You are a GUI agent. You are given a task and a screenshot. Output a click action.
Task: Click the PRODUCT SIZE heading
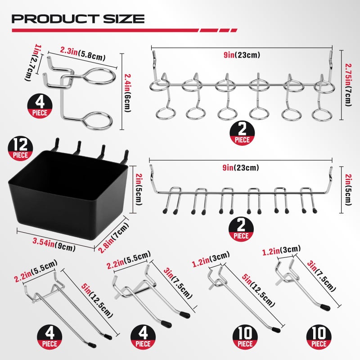pyautogui.click(x=78, y=18)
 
